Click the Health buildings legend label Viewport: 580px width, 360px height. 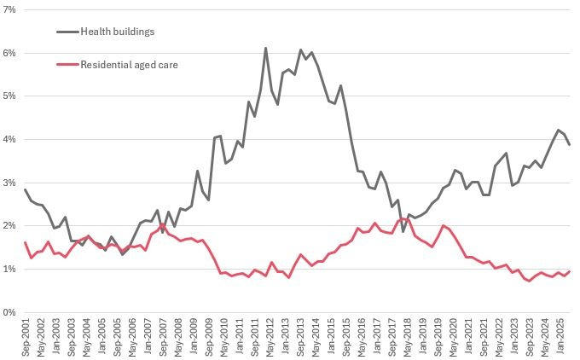[117, 32]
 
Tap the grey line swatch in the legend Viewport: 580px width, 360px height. [66, 32]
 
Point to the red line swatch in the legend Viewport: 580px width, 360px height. [66, 64]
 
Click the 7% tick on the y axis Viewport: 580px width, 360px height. [9, 9]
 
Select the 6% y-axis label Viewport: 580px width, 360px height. [9, 53]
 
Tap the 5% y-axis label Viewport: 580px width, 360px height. [9, 96]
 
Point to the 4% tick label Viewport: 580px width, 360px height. [9, 139]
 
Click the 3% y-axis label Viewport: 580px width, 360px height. [9, 183]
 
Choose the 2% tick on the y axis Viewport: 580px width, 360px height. [9, 226]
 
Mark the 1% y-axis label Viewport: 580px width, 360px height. [9, 269]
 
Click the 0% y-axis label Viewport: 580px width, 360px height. [9, 312]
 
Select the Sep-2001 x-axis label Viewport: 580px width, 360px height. [26, 337]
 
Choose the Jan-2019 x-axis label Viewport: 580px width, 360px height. [420, 337]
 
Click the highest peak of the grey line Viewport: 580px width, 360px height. [265, 48]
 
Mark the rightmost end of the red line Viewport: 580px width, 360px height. [570, 271]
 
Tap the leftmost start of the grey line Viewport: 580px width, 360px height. [25, 189]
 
